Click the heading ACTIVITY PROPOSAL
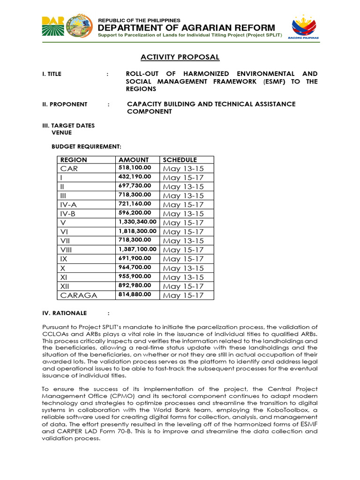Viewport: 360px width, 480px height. [180, 57]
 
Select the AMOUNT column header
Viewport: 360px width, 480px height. [134, 160]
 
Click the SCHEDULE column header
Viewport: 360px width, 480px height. [180, 160]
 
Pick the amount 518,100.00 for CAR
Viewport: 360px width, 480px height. [135, 168]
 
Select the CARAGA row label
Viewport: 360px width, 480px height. [78, 295]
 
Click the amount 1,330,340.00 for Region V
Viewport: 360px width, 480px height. [137, 222]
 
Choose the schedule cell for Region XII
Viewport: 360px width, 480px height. [183, 286]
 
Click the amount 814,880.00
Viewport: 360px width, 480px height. [135, 295]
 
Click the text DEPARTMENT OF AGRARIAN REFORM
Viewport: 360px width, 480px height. [187, 28]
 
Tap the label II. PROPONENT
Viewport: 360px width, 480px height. [65, 104]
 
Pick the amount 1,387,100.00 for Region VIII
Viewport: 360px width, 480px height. [137, 249]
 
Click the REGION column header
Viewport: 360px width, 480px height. [74, 160]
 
